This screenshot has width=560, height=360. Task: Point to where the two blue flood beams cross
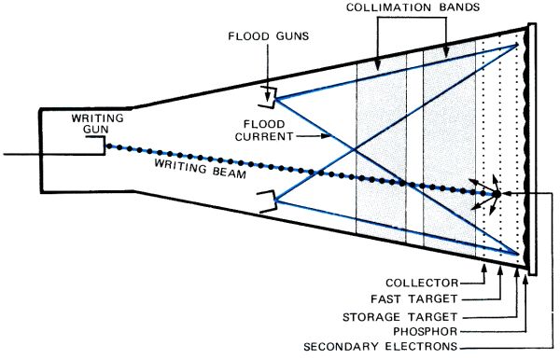click(353, 147)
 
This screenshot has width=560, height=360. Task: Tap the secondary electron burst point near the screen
click(497, 194)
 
